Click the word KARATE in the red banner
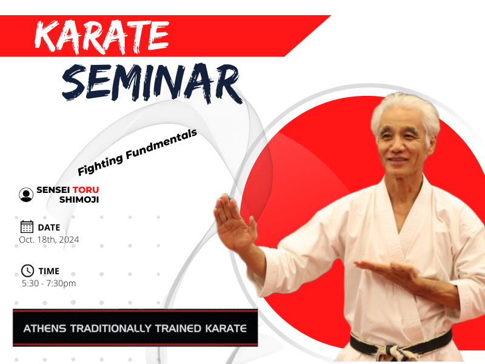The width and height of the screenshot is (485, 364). [102, 37]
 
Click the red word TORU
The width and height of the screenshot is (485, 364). [85, 190]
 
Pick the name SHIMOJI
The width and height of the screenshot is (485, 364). [79, 200]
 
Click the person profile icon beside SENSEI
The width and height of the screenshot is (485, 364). [26, 195]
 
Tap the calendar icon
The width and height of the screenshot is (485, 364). [27, 226]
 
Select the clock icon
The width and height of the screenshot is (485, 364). [27, 271]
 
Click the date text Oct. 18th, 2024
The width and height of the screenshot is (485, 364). [49, 240]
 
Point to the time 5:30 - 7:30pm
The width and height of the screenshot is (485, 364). [49, 283]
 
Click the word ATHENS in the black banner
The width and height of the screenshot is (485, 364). [45, 328]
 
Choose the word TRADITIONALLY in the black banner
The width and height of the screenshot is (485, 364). [111, 328]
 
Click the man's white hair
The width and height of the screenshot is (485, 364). [405, 112]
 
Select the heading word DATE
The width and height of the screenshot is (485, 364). [49, 227]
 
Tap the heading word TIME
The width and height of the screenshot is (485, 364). [49, 271]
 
